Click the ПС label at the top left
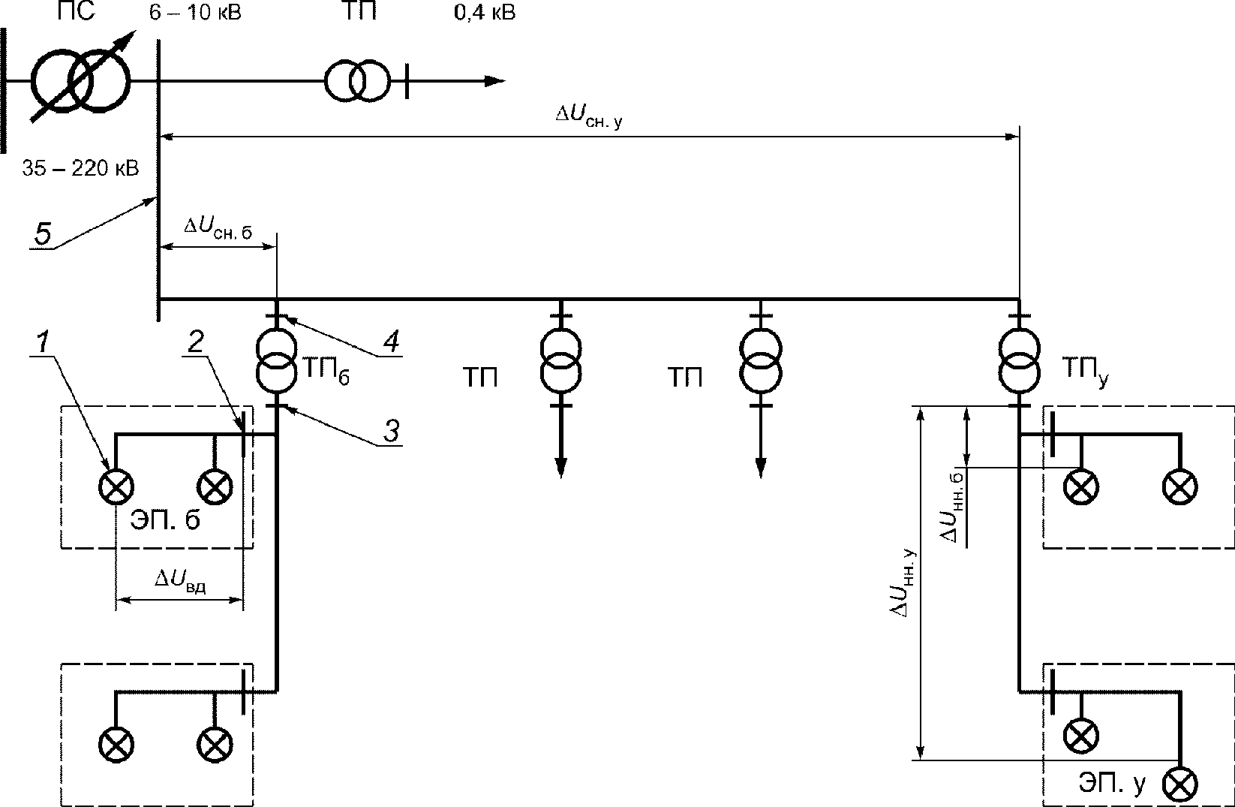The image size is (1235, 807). (x=76, y=11)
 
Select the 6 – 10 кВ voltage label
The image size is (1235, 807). (x=195, y=12)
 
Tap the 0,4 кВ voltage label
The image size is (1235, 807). (x=485, y=12)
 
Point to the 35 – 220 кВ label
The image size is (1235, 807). (x=80, y=167)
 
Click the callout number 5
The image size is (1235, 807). (x=43, y=233)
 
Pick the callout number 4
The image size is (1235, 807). (x=391, y=342)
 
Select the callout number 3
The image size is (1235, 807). (x=391, y=431)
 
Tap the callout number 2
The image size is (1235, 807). (x=196, y=342)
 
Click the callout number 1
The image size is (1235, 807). (x=43, y=342)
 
